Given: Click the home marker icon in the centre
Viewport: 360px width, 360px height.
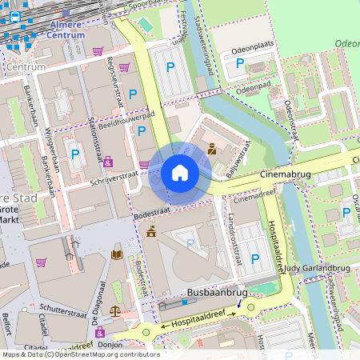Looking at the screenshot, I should click(x=180, y=173).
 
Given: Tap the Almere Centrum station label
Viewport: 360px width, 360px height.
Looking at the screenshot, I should click(x=65, y=30).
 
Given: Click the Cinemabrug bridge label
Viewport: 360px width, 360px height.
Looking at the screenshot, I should click(x=285, y=174).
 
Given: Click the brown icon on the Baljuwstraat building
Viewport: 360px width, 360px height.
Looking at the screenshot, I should click(x=212, y=149).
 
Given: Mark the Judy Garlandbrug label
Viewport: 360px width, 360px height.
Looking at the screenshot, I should click(x=312, y=268).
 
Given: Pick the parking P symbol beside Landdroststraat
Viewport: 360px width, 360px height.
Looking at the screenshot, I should click(x=254, y=258).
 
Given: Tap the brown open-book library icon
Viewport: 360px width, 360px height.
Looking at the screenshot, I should click(x=117, y=254).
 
